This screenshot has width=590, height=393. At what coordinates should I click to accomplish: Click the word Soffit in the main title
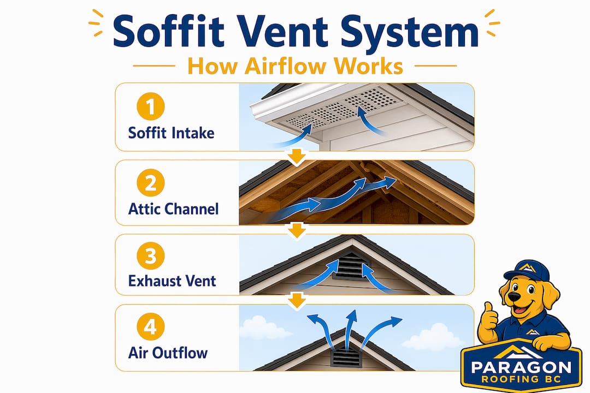pyautogui.click(x=169, y=31)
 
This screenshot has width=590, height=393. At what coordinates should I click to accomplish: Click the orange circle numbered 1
pyautogui.click(x=151, y=106)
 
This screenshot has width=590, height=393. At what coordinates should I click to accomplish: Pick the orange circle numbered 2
pyautogui.click(x=151, y=183)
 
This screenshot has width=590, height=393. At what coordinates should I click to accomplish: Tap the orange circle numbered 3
pyautogui.click(x=151, y=256)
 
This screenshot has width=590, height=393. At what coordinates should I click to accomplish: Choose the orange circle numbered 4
pyautogui.click(x=151, y=326)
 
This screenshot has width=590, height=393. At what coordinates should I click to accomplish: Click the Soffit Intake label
pyautogui.click(x=171, y=133)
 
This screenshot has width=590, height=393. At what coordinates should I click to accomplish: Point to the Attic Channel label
pyautogui.click(x=174, y=209)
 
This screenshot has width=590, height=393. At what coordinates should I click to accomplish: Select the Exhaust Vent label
pyautogui.click(x=172, y=281)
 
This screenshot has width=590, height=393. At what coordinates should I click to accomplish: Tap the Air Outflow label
pyautogui.click(x=168, y=353)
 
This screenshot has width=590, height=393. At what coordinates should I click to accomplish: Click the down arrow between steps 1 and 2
pyautogui.click(x=298, y=156)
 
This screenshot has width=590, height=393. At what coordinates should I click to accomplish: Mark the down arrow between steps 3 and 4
pyautogui.click(x=298, y=301)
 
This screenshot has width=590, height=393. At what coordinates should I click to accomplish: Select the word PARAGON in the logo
pyautogui.click(x=521, y=367)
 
